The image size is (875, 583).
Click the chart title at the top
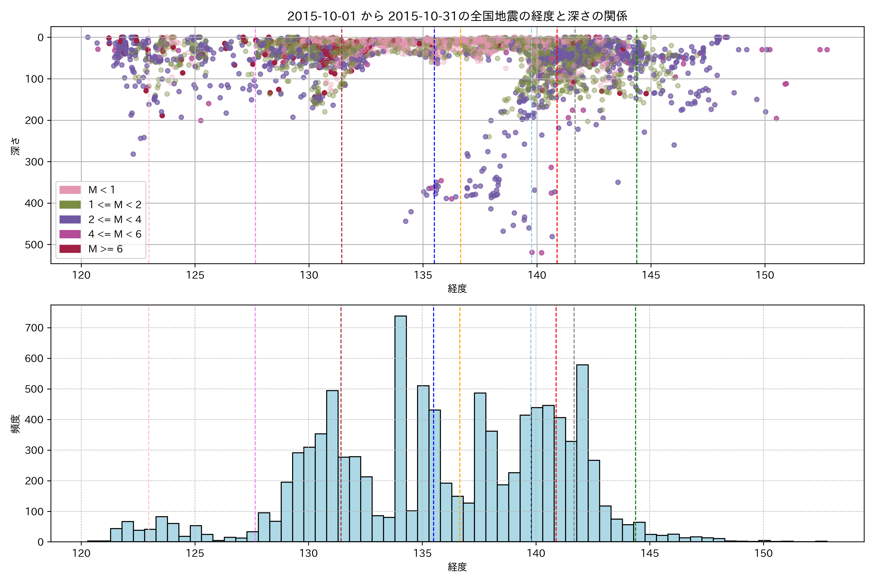click(x=457, y=16)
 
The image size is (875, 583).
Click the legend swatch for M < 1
click(x=70, y=190)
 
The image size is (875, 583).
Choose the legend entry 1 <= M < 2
click(x=114, y=205)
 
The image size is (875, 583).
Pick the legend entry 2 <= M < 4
click(x=114, y=219)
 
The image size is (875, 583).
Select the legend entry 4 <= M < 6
click(x=114, y=234)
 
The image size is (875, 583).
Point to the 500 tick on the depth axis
click(x=34, y=245)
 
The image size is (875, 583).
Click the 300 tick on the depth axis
click(x=34, y=162)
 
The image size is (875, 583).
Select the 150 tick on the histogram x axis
click(x=763, y=553)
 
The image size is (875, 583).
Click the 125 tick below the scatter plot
click(x=195, y=275)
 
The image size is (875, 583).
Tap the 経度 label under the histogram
click(x=457, y=567)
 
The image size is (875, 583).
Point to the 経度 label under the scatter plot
click(x=457, y=289)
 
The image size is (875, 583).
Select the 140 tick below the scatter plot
click(x=536, y=275)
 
